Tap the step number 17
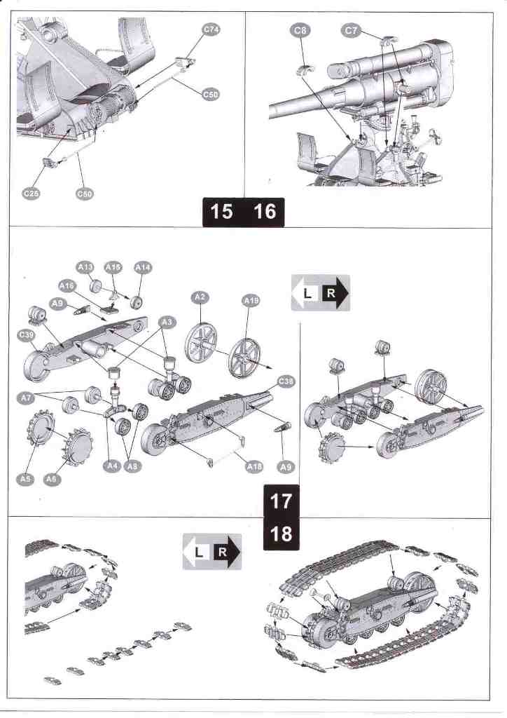pyautogui.click(x=281, y=502)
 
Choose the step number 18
pyautogui.click(x=281, y=534)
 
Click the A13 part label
pyautogui.click(x=85, y=267)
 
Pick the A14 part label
pyautogui.click(x=142, y=267)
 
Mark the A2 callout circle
pyautogui.click(x=200, y=298)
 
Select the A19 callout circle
pyautogui.click(x=250, y=301)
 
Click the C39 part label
pyautogui.click(x=27, y=336)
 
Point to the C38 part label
pyautogui.click(x=286, y=381)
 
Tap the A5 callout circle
pyautogui.click(x=25, y=479)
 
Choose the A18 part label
pyautogui.click(x=253, y=466)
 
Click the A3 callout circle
pyautogui.click(x=167, y=320)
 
